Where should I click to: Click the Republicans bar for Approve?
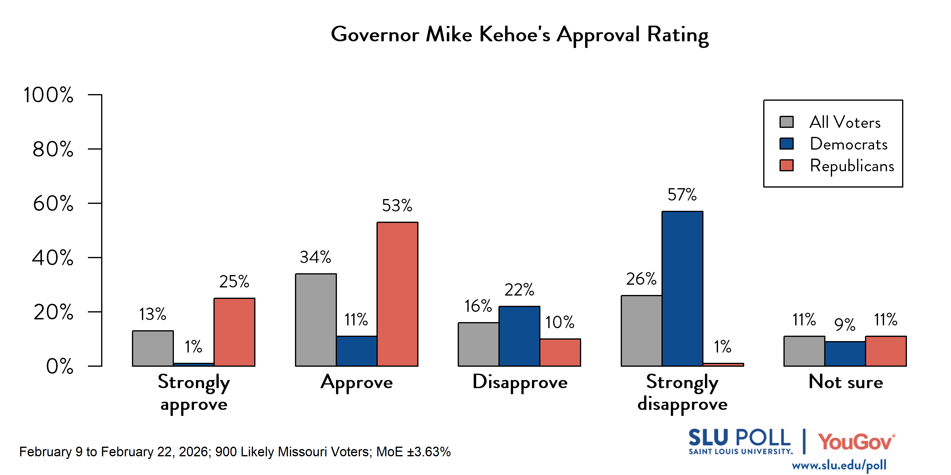(x=397, y=294)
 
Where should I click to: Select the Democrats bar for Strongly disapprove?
(x=682, y=288)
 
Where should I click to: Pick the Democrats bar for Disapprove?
(x=519, y=336)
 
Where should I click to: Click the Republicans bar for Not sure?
(x=886, y=351)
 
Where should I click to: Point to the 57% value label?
(x=682, y=195)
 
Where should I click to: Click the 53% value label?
(x=397, y=205)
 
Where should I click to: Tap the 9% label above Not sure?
(x=845, y=325)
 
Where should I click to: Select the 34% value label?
(x=315, y=257)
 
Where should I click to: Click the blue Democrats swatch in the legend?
(x=786, y=144)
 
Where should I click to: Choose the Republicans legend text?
(x=852, y=166)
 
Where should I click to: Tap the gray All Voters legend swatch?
(x=786, y=122)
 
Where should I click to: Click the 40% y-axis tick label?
(x=53, y=258)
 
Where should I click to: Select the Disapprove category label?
(x=520, y=382)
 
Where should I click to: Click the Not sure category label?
(x=845, y=382)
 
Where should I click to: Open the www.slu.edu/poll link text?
(x=839, y=465)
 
